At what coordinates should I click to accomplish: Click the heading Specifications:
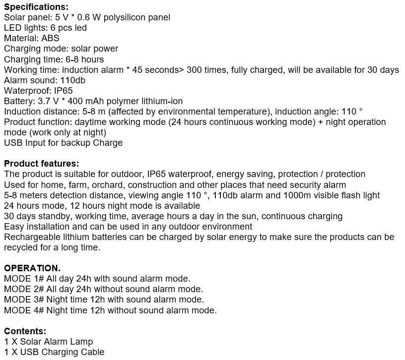[x=36, y=7]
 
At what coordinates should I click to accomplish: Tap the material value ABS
[x=50, y=38]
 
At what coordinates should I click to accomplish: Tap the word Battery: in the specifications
[x=19, y=101]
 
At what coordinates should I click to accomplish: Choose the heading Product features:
[x=41, y=164]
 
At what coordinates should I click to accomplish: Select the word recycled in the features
[x=22, y=247]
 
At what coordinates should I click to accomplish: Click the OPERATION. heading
[x=32, y=268]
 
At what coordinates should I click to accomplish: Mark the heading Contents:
[x=25, y=331]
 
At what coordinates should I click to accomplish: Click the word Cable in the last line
[x=92, y=352]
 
